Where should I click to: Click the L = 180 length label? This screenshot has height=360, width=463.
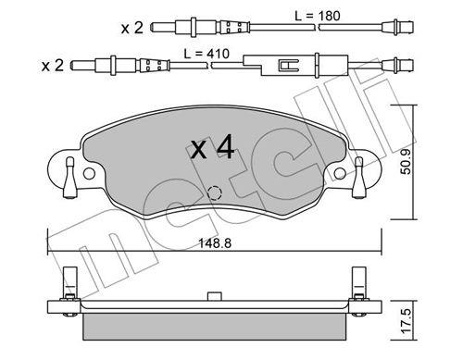click(x=318, y=16)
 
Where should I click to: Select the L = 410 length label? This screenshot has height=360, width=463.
click(x=206, y=54)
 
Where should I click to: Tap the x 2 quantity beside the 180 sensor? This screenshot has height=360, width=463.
click(x=132, y=29)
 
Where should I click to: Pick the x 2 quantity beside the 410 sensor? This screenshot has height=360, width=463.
click(x=53, y=66)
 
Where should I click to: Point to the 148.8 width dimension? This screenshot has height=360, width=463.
click(x=215, y=243)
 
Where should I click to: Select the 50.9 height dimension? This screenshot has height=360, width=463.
click(x=406, y=162)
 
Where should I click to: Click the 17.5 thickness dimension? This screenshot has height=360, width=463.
click(x=407, y=321)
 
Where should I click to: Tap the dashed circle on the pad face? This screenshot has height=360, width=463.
click(x=215, y=193)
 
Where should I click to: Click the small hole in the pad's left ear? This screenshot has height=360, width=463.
click(x=89, y=173)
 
